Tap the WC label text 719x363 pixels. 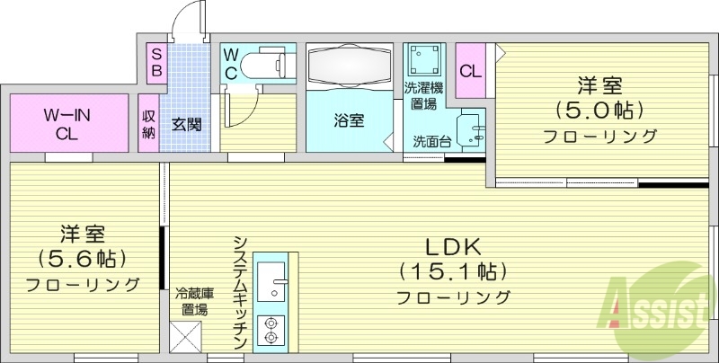(x=231, y=64)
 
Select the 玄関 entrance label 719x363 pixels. (x=186, y=123)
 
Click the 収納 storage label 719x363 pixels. (x=149, y=124)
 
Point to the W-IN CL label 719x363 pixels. (x=67, y=124)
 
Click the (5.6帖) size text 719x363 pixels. (x=82, y=259)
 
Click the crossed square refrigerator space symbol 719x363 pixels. (x=187, y=338)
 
